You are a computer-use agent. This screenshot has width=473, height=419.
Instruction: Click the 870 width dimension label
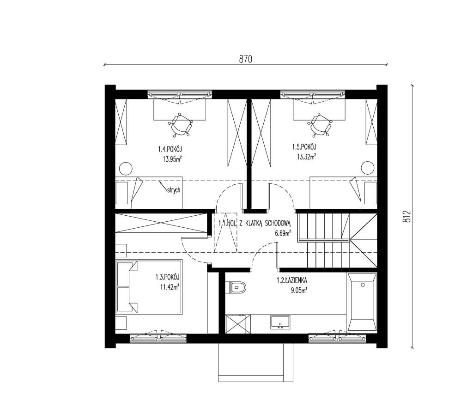click(x=246, y=59)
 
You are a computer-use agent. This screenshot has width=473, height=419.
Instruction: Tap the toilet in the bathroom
click(x=237, y=287)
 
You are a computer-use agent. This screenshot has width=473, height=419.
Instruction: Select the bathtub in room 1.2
click(x=362, y=302)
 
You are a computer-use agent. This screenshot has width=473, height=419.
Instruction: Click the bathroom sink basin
click(x=280, y=322)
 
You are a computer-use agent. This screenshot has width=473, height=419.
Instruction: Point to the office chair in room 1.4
click(x=181, y=125)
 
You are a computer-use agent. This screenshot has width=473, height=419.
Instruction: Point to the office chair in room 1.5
click(x=321, y=125)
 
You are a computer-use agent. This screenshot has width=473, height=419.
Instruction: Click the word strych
click(x=173, y=190)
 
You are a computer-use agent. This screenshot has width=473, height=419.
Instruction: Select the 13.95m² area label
click(x=172, y=159)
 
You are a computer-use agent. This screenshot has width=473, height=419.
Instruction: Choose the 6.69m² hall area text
click(x=283, y=233)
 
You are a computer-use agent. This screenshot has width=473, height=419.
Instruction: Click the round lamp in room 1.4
click(x=126, y=168)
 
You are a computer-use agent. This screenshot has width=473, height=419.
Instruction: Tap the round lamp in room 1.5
click(x=368, y=168)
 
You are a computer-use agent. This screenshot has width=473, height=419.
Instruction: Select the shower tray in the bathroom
click(x=238, y=324)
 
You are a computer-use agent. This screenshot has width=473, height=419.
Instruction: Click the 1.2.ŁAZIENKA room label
click(x=292, y=280)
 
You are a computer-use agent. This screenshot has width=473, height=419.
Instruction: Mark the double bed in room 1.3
click(x=149, y=287)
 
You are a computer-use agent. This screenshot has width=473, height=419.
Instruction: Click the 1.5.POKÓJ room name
click(x=304, y=147)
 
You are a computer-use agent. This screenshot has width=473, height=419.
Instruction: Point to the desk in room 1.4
click(x=180, y=109)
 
